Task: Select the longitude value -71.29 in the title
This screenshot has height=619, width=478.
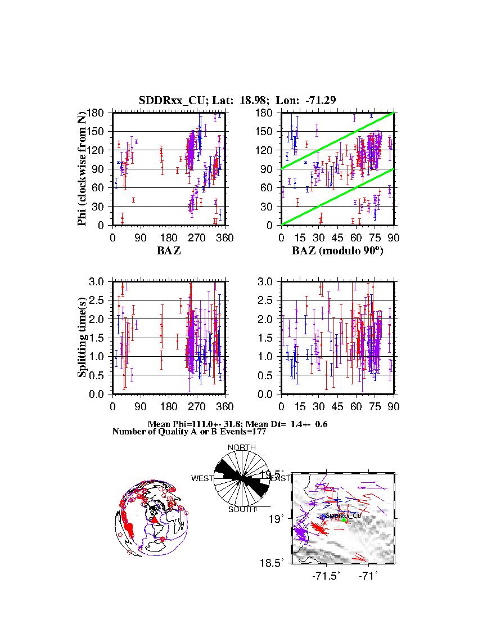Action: click(x=321, y=101)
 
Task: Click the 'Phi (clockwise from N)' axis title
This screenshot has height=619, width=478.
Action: click(x=83, y=169)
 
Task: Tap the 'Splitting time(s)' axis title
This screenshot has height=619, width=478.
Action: click(x=83, y=338)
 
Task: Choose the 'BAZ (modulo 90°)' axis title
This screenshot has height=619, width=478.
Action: click(x=337, y=252)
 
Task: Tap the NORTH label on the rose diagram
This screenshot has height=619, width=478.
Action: click(x=242, y=448)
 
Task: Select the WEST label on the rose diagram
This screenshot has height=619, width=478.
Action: click(x=202, y=479)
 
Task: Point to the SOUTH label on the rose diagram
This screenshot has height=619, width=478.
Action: click(x=242, y=510)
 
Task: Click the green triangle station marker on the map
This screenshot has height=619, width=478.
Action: click(x=344, y=519)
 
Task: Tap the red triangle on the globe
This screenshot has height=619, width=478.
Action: click(x=154, y=519)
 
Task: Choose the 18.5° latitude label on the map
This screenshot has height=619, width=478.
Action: click(x=279, y=562)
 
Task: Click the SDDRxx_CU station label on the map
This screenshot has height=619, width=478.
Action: click(x=344, y=515)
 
